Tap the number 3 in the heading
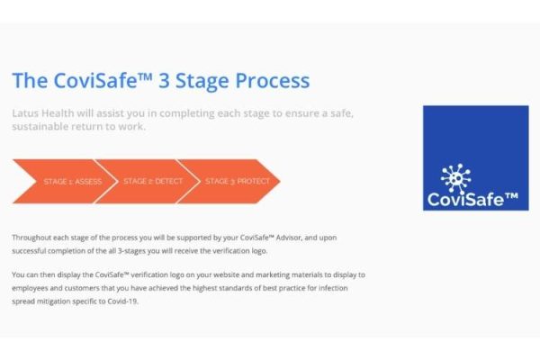pyautogui.click(x=165, y=81)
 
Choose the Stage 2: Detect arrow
pyautogui.click(x=148, y=181)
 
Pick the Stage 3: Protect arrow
pyautogui.click(x=229, y=181)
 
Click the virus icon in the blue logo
pyautogui.click(x=455, y=178)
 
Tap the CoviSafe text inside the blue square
pyautogui.click(x=472, y=199)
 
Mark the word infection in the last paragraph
pyautogui.click(x=333, y=288)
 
